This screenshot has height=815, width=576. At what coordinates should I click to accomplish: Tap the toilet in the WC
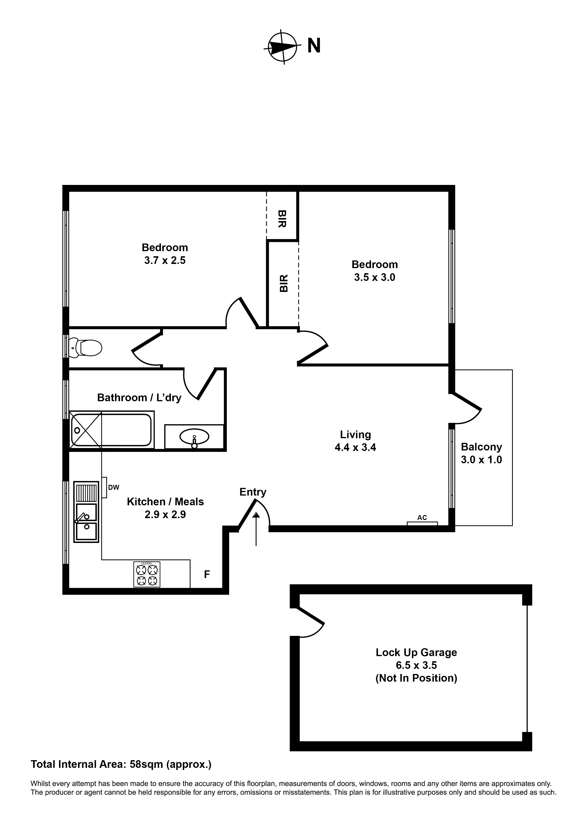86,348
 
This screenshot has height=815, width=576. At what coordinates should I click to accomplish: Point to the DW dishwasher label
114,488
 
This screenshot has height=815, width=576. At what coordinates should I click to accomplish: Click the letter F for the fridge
207,574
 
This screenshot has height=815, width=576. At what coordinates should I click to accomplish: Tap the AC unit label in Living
422,518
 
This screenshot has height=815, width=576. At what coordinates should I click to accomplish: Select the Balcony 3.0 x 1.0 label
481,453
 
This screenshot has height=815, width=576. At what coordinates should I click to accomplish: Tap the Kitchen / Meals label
165,502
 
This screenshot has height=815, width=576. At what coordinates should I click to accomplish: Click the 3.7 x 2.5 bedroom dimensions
165,260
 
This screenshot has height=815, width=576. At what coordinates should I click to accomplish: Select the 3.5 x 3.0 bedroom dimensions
374,277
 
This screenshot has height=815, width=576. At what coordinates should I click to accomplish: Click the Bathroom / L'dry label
139,398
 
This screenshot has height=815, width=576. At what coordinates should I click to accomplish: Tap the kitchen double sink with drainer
86,512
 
